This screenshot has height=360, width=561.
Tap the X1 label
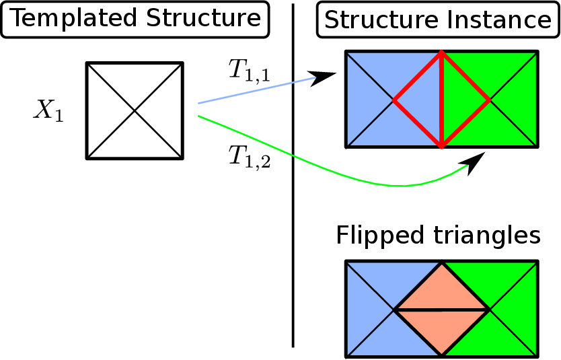point(49,111)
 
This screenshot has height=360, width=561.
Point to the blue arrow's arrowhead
point(326,76)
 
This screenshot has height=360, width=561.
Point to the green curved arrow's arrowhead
point(476,162)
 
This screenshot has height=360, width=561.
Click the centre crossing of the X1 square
point(135,110)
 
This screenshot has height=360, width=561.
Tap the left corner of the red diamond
point(394,100)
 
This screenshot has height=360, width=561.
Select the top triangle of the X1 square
point(135,81)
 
